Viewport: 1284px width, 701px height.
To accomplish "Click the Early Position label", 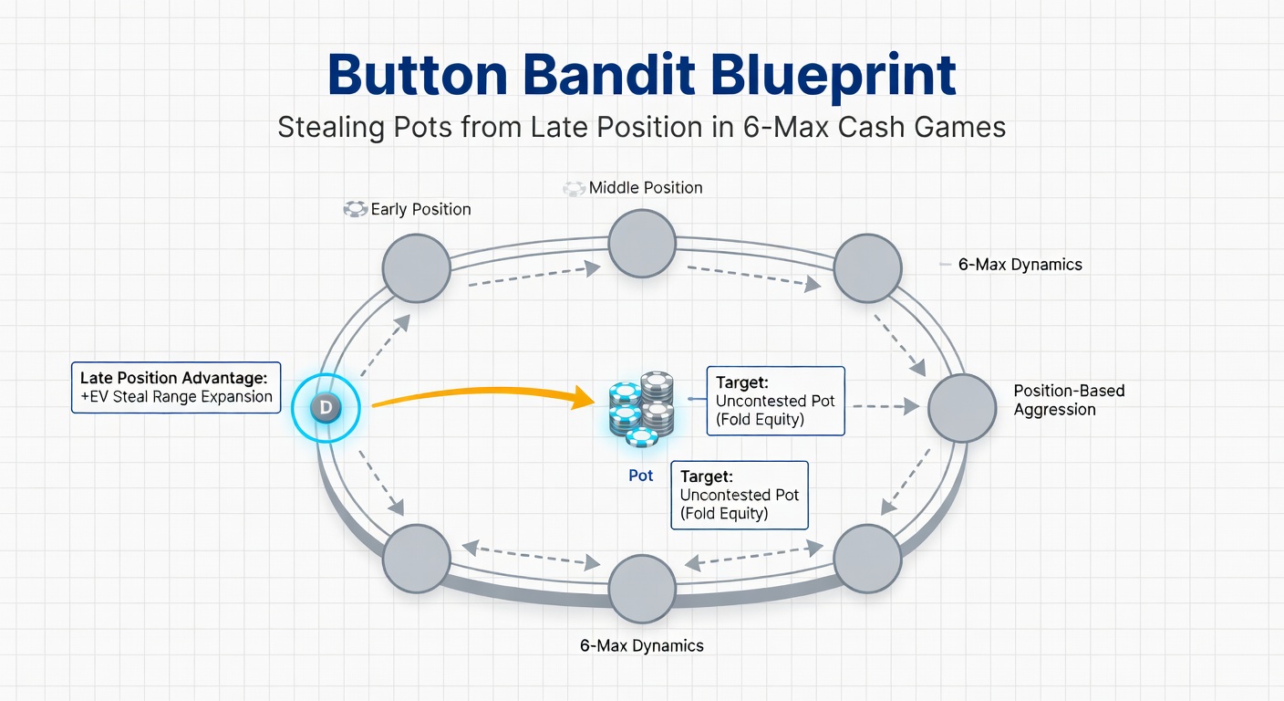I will [420, 210].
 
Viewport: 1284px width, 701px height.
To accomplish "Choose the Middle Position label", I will [646, 188].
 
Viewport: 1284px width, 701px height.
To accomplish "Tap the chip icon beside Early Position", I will [355, 210].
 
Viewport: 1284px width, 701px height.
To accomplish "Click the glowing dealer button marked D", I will [326, 408].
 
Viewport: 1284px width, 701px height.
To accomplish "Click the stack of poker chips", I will [641, 408].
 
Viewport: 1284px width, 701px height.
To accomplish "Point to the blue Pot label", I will [641, 476].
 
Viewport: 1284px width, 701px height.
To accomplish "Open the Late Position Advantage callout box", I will [176, 387].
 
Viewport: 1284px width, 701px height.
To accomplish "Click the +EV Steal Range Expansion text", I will [176, 397].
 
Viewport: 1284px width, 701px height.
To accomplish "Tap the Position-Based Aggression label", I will [1069, 400].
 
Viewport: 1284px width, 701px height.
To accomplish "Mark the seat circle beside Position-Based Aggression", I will [962, 408].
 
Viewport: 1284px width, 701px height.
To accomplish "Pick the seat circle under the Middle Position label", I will [642, 243].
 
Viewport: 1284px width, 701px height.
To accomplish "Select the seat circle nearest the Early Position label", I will [416, 268].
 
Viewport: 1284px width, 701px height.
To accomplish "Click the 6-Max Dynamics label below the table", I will [641, 645].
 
